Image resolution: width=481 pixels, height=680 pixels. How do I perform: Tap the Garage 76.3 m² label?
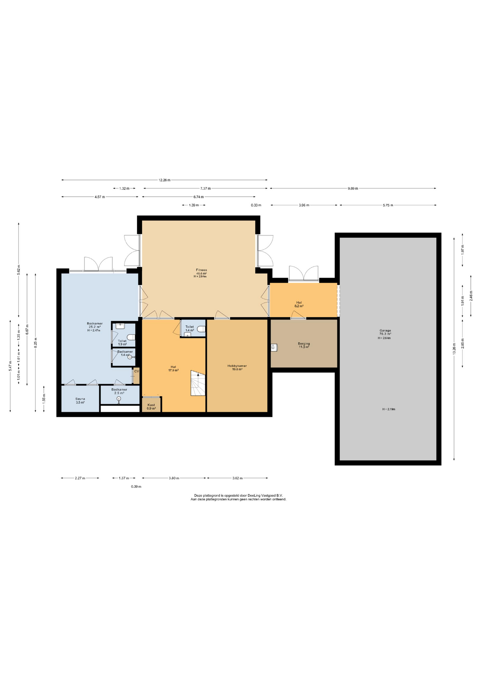coord(385,332)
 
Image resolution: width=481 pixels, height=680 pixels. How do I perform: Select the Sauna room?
coord(80,398)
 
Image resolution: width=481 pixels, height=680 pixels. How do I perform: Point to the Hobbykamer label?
coord(237,366)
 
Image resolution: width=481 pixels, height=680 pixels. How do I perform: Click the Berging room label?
coord(304,344)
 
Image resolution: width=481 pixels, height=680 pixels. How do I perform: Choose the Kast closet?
coord(152,404)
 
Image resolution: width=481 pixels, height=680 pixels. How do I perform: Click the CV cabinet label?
coord(136,371)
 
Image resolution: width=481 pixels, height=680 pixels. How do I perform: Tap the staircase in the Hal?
coord(198,383)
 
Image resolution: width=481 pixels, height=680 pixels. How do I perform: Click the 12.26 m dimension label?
coord(164,180)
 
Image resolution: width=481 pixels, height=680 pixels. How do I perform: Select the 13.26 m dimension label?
coord(454,348)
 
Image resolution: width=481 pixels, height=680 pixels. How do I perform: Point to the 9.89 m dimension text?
coord(353,188)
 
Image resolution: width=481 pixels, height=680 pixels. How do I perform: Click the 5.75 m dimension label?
coord(388,205)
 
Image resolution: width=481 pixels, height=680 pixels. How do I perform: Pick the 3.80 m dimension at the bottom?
coord(174,478)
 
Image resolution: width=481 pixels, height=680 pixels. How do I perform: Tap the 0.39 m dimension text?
coord(136,487)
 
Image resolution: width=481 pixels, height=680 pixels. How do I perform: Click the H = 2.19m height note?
coord(389,409)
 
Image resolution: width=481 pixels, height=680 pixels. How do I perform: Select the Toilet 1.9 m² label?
coord(122,342)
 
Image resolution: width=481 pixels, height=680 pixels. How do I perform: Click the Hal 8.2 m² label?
coord(299,304)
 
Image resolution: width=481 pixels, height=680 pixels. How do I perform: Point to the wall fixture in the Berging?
coord(274,347)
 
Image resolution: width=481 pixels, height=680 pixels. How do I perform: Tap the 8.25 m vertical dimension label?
coord(35,343)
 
